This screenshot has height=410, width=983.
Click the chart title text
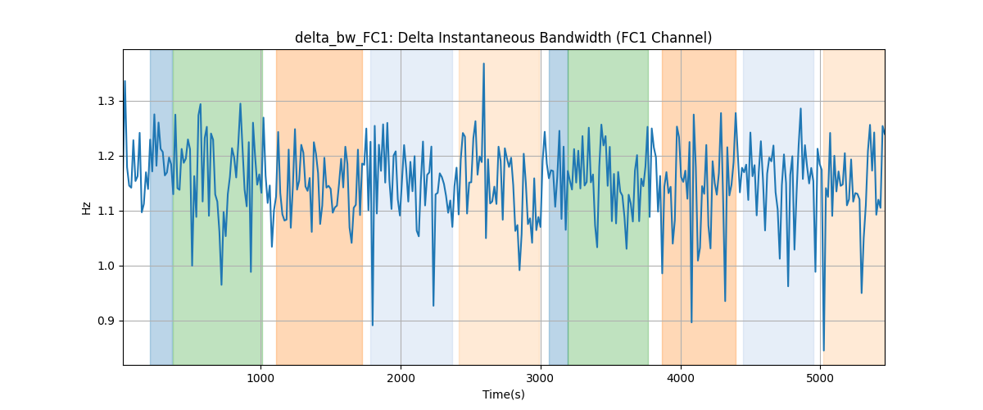(x=503, y=38)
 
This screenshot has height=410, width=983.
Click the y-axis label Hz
(x=87, y=207)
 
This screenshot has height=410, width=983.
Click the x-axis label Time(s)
(x=503, y=394)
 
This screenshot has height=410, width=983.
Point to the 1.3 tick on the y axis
(x=106, y=102)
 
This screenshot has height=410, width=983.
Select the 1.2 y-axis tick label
(x=106, y=157)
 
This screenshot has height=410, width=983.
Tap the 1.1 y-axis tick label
(x=106, y=212)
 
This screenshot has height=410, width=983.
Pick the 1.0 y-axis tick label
(x=106, y=266)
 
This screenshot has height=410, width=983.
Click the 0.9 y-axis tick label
(x=106, y=321)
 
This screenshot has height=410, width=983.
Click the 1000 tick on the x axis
(x=260, y=378)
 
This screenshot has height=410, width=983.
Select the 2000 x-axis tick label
(x=401, y=378)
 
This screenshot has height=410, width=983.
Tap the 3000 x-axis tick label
(x=541, y=378)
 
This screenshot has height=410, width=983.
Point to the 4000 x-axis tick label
(x=681, y=378)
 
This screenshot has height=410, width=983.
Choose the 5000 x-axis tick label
(x=820, y=378)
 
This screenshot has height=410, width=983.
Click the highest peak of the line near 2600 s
(x=483, y=64)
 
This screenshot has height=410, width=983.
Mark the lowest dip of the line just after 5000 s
(x=824, y=350)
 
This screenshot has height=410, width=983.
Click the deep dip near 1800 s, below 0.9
(x=373, y=326)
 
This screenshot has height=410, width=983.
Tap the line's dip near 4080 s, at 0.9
(x=691, y=322)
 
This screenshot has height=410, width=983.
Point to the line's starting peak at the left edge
(x=125, y=81)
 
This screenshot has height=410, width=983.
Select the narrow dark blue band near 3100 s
(x=558, y=207)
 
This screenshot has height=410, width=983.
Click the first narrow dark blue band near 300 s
(x=161, y=207)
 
